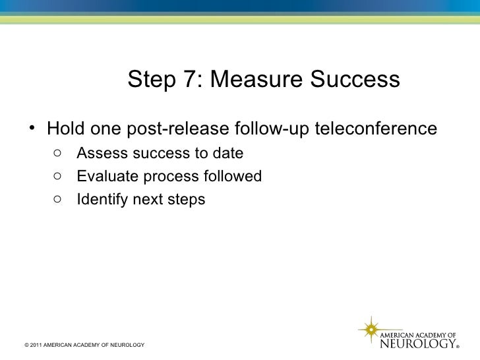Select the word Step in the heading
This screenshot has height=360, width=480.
[151, 80]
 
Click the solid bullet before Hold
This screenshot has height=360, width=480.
[31, 127]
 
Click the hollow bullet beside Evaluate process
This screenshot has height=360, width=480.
[58, 177]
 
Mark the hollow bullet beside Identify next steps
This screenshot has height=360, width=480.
[58, 199]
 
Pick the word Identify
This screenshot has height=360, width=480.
[101, 199]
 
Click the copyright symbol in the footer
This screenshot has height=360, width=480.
[25, 345]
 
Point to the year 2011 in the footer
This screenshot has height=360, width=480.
[36, 345]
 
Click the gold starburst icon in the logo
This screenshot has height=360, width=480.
[371, 328]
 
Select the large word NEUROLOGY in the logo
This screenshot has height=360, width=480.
[418, 344]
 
